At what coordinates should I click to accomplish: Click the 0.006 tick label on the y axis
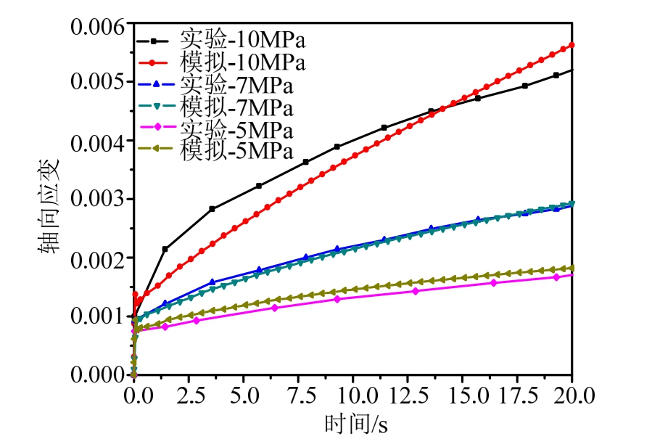tap(98, 27)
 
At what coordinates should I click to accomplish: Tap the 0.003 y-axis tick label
tap(98, 199)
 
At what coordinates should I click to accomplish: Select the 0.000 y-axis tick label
tap(98, 375)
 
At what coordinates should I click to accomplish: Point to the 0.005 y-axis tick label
tap(98, 81)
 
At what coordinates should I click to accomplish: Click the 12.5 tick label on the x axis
tap(408, 396)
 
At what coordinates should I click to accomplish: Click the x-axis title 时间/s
tap(356, 425)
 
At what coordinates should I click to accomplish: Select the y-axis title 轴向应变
tap(49, 207)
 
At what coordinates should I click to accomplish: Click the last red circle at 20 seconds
tap(571, 45)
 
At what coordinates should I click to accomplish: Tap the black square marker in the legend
tap(153, 41)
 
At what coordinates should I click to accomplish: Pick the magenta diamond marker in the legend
tap(157, 127)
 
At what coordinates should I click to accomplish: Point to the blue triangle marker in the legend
tap(156, 83)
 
